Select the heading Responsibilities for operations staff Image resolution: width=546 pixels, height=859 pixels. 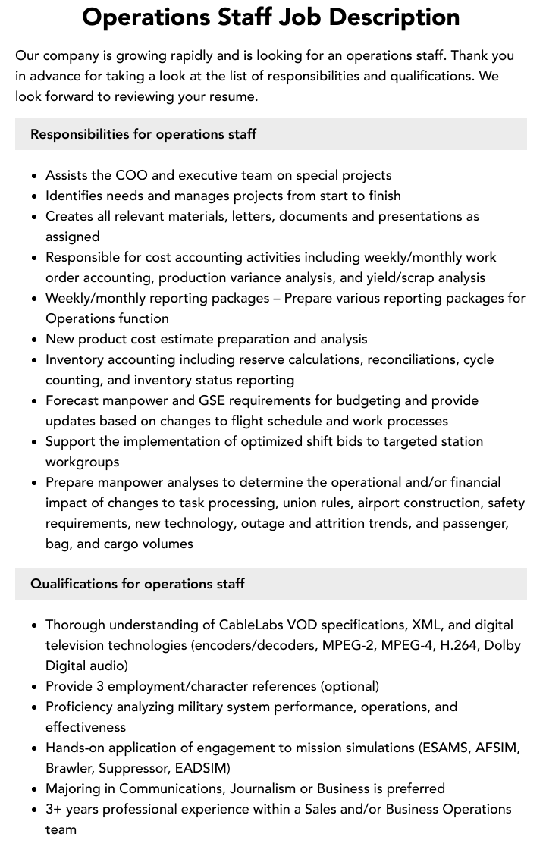click(x=143, y=134)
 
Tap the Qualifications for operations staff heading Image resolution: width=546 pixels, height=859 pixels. click(x=137, y=584)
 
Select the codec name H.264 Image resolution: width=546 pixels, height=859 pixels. click(x=458, y=645)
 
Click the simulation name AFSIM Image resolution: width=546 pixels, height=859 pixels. click(x=497, y=748)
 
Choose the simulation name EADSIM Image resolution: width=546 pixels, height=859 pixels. click(x=202, y=768)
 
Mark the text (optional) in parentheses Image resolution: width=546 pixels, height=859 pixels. click(x=350, y=686)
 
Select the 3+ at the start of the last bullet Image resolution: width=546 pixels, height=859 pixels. click(x=54, y=809)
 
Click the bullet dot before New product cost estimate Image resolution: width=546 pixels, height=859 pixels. click(x=35, y=340)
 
